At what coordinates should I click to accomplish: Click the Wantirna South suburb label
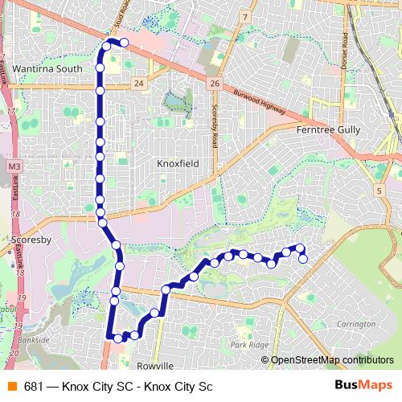click(x=47, y=69)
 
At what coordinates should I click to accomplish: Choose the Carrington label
click(x=357, y=323)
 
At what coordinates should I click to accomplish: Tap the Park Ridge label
click(x=248, y=344)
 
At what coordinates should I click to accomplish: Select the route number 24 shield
click(x=140, y=84)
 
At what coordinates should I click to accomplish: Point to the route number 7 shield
click(x=245, y=16)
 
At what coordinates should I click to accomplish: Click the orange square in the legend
click(x=12, y=386)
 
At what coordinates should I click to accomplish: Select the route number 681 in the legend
click(x=34, y=386)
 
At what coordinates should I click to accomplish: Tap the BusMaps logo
click(x=363, y=385)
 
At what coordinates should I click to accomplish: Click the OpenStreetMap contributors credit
click(x=331, y=360)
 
